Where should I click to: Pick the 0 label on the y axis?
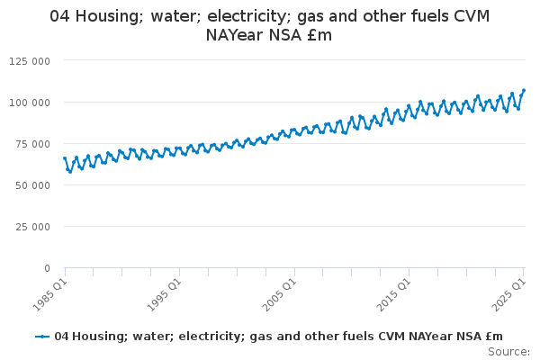46,267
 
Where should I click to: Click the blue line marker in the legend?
41,336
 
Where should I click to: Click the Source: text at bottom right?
509,351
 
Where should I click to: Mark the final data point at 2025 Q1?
524,90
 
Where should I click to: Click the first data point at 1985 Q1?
65,158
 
